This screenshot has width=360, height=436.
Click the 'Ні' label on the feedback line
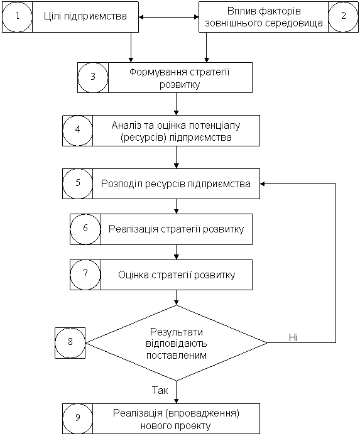pyautogui.click(x=293, y=337)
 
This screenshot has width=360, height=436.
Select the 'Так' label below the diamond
pyautogui.click(x=160, y=390)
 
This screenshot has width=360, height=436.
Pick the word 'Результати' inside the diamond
pyautogui.click(x=177, y=332)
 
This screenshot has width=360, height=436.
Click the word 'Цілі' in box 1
pyautogui.click(x=53, y=16)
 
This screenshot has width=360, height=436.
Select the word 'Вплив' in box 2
pyautogui.click(x=240, y=11)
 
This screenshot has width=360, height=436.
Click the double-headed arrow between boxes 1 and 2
pyautogui.click(x=169, y=17)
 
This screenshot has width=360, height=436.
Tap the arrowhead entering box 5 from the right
pyautogui.click(x=263, y=183)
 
